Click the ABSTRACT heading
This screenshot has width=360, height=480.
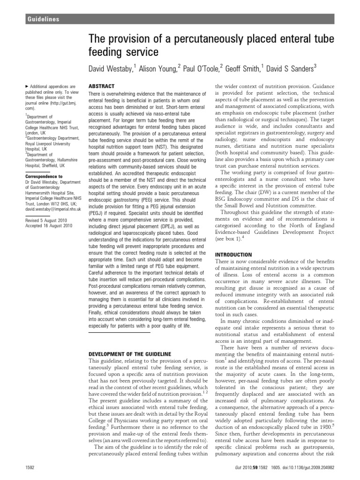point(100,87)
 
